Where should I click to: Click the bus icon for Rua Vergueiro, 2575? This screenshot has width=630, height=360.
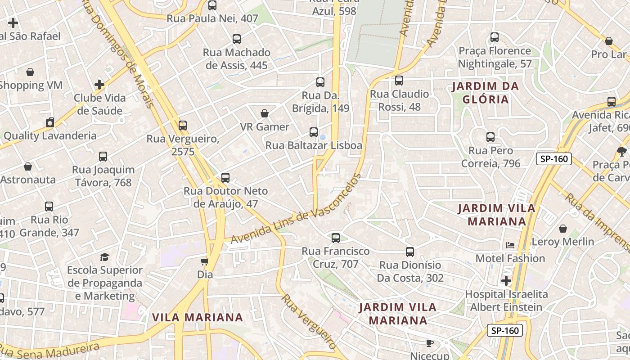pyautogui.click(x=183, y=126)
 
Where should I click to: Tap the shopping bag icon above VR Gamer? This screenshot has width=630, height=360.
pyautogui.click(x=265, y=113)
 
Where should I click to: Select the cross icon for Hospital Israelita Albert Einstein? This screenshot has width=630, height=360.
pyautogui.click(x=506, y=281)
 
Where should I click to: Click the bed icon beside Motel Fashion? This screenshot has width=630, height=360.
pyautogui.click(x=510, y=245)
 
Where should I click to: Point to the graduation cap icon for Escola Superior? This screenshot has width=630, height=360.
pyautogui.click(x=105, y=257)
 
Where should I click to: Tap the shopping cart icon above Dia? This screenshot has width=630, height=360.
pyautogui.click(x=205, y=261)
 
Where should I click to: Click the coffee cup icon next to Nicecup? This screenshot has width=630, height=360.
pyautogui.click(x=430, y=343)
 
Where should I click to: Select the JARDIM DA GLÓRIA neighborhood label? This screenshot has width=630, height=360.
pyautogui.click(x=485, y=93)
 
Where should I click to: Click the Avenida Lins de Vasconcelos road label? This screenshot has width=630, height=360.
pyautogui.click(x=296, y=210)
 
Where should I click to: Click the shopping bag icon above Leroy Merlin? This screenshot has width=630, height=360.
pyautogui.click(x=562, y=229)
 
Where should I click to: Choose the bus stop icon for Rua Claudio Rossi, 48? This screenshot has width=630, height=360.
pyautogui.click(x=399, y=81)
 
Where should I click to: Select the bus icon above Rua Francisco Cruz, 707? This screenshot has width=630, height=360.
pyautogui.click(x=336, y=238)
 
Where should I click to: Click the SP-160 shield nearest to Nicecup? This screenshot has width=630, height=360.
pyautogui.click(x=504, y=330)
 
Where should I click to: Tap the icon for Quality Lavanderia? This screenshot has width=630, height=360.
pyautogui.click(x=50, y=122)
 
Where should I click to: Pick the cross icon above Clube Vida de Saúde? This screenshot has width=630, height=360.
pyautogui.click(x=99, y=85)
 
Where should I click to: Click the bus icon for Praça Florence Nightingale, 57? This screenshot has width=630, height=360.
pyautogui.click(x=495, y=37)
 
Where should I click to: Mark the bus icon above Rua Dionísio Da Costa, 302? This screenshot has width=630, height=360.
pyautogui.click(x=410, y=252)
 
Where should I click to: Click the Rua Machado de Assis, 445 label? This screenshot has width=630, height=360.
pyautogui.click(x=237, y=59)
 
